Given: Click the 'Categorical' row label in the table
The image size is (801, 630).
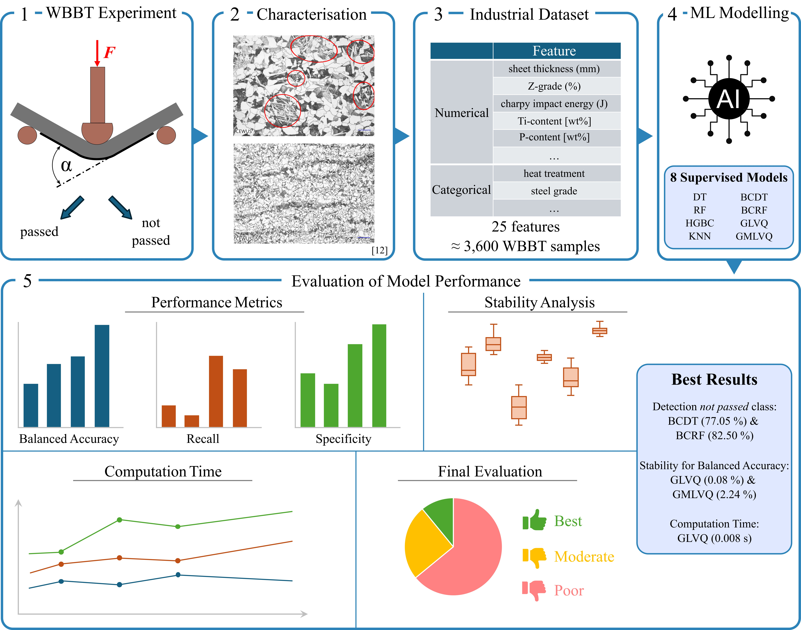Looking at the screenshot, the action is pyautogui.click(x=461, y=190).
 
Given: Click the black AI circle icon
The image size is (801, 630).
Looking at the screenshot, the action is pyautogui.click(x=729, y=99).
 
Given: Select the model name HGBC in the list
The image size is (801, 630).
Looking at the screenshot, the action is pyautogui.click(x=700, y=223).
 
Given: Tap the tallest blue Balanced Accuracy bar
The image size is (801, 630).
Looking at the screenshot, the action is pyautogui.click(x=102, y=376).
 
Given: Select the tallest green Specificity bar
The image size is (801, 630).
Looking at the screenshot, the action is pyautogui.click(x=379, y=376).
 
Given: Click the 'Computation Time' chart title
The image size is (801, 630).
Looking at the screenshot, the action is pyautogui.click(x=163, y=471).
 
